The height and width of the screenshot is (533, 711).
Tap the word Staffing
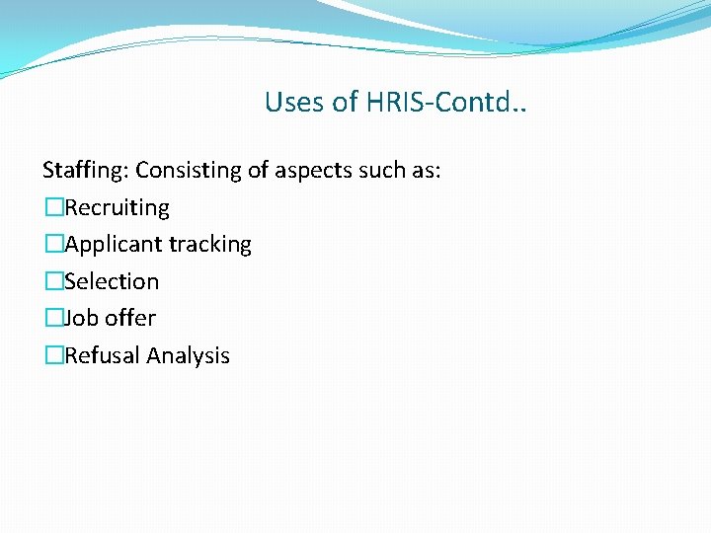(85, 171)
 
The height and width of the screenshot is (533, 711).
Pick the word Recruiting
(117, 208)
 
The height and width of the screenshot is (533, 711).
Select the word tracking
(210, 245)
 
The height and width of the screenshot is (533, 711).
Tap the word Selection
(112, 282)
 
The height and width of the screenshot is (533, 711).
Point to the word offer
(130, 319)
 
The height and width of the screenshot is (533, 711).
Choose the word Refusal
(103, 356)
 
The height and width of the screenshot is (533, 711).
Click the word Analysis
(189, 356)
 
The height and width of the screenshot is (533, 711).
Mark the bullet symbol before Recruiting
(52, 208)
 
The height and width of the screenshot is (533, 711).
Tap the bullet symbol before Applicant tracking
(52, 245)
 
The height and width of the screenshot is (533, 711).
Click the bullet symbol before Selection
(52, 282)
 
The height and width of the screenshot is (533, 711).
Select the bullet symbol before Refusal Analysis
(52, 356)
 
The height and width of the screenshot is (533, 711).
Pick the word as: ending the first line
(428, 171)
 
